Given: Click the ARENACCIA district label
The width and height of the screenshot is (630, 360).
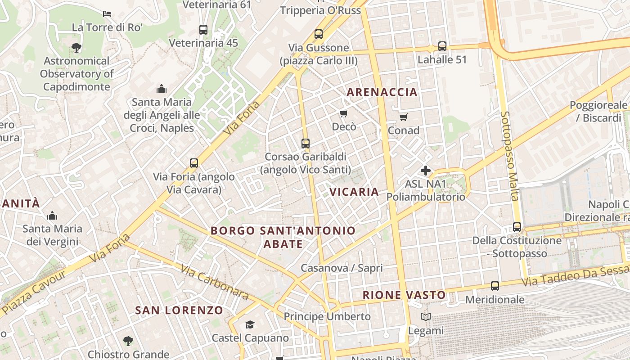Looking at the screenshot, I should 382,92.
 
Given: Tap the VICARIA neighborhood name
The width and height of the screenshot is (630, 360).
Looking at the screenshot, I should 354,192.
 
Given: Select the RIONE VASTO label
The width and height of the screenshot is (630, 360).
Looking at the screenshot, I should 404,295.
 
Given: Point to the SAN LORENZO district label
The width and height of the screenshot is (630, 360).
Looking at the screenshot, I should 179,310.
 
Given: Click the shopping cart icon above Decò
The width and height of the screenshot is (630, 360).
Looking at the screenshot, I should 344,113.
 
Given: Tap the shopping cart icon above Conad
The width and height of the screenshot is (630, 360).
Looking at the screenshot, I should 403,117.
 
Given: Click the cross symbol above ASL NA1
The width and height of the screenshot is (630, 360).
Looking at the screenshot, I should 425,171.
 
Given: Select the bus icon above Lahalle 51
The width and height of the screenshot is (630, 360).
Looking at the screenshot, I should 442,46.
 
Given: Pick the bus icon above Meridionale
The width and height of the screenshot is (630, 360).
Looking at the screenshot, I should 495,286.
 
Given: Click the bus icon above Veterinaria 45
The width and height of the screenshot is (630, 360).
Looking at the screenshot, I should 203,30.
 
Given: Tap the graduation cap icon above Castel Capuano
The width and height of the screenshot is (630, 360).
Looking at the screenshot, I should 250,324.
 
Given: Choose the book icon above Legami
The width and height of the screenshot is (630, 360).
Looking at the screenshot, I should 425,317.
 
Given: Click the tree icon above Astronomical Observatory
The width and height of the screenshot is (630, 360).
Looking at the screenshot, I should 76,47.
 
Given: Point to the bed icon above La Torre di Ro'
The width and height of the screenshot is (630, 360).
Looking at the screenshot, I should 107,13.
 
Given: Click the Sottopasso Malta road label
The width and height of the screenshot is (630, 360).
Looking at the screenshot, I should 509,156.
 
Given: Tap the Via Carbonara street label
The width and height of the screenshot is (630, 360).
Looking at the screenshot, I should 215,282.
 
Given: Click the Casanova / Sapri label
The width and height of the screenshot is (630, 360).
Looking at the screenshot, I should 342,268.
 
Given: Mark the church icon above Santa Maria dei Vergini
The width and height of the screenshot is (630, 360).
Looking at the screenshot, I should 52,216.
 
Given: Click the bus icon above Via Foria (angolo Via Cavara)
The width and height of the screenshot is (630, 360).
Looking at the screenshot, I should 194,163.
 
